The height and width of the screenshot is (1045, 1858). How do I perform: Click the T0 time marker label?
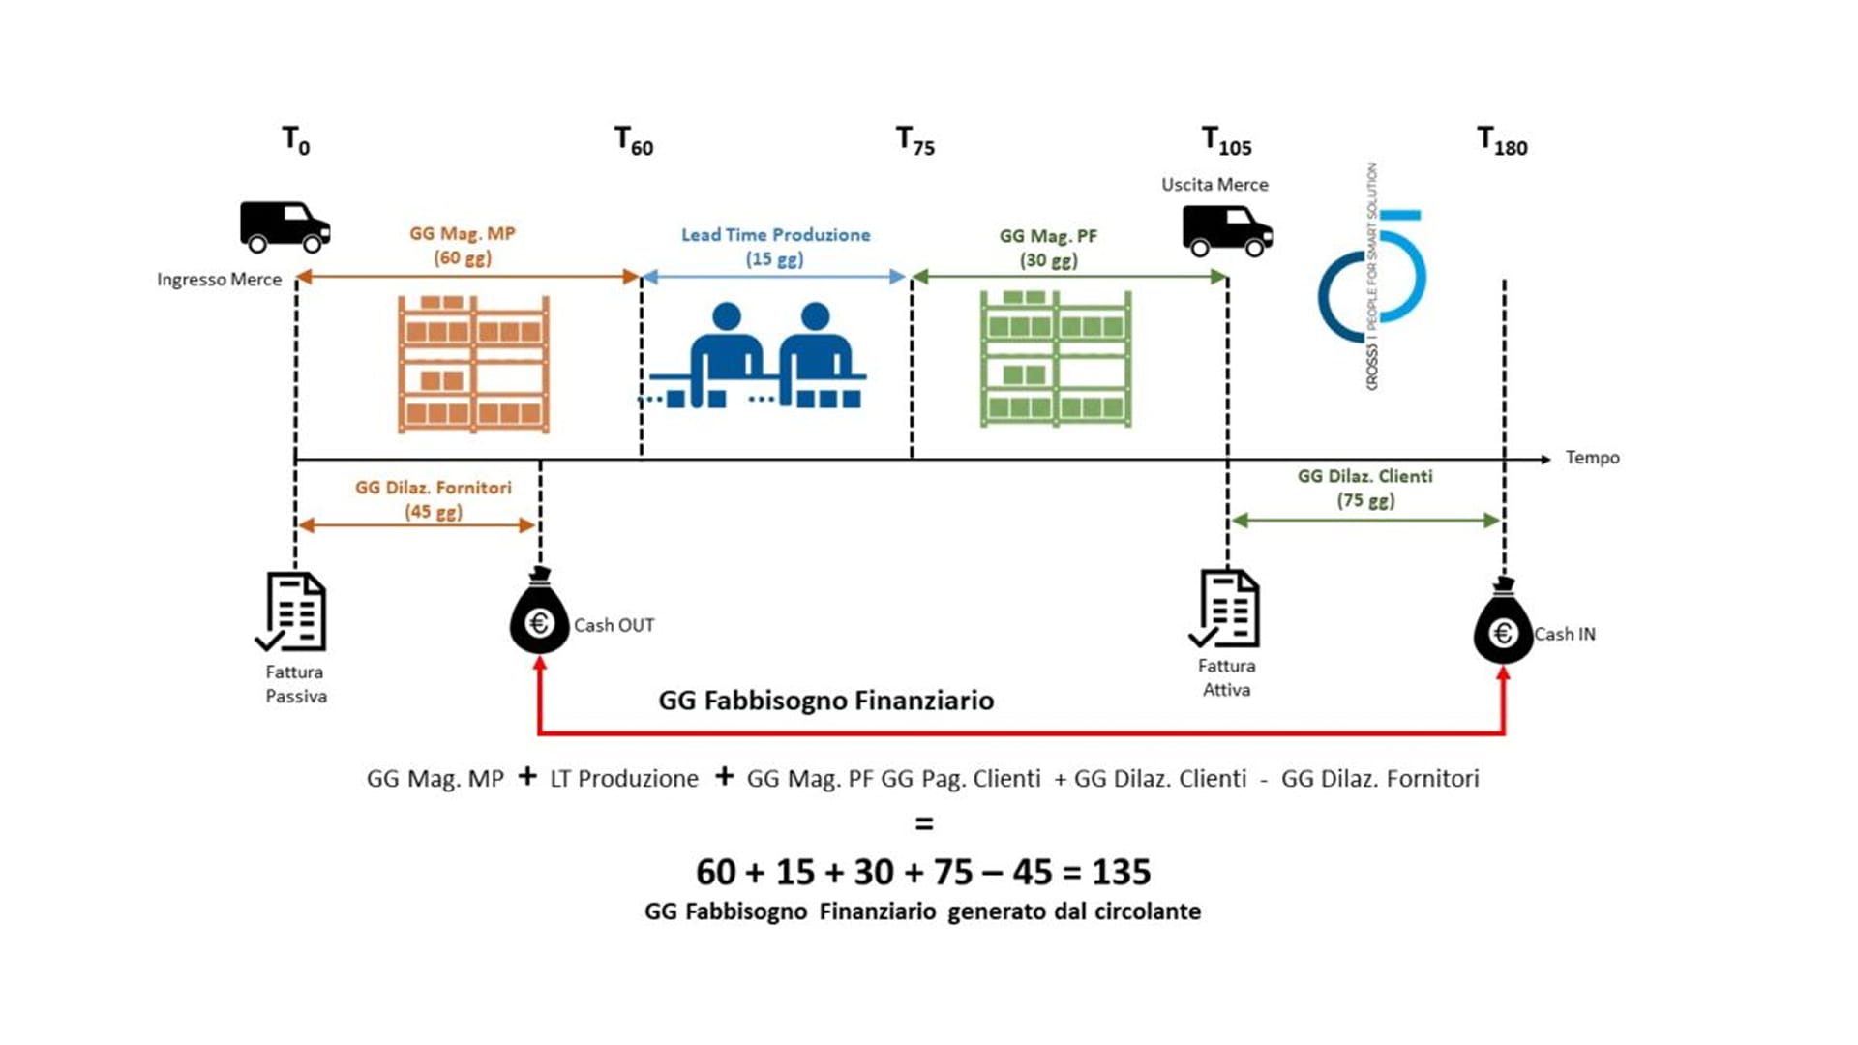coord(295,141)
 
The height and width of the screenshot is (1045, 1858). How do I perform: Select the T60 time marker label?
coord(634,141)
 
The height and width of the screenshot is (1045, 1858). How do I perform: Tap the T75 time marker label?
coord(915,141)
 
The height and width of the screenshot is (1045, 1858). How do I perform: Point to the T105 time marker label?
coord(1226,141)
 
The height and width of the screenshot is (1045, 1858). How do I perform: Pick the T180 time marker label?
coord(1502,141)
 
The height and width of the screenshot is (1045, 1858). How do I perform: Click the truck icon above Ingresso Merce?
coord(285,226)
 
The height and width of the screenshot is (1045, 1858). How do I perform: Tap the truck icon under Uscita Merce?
coord(1227,231)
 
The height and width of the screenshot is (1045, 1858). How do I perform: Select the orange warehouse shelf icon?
coord(473,364)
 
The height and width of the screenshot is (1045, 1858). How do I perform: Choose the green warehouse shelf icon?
coord(1056,359)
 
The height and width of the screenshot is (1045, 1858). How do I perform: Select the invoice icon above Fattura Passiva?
coord(292,612)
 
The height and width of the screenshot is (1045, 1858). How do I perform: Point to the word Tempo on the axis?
coord(1592,458)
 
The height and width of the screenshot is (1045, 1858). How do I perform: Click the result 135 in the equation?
coord(1122,872)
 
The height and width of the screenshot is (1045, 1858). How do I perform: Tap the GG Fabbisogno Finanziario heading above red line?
coord(825,701)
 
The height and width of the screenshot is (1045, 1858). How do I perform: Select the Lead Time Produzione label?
coord(775,235)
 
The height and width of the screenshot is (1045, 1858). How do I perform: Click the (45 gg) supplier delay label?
coord(434,512)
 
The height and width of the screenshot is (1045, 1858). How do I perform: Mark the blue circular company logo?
coord(1372,277)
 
